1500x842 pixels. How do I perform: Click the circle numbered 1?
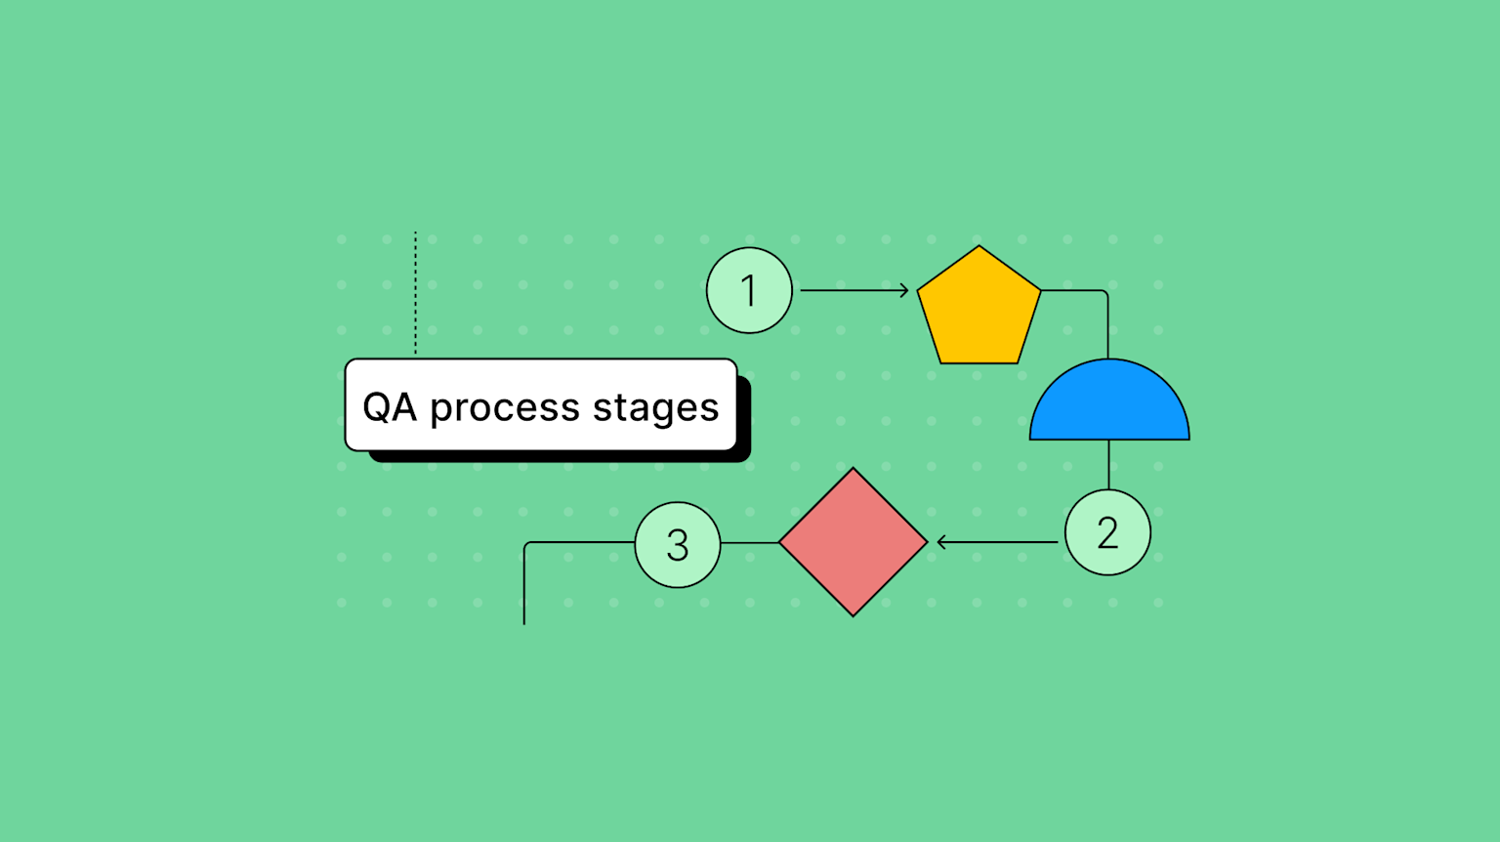click(x=749, y=290)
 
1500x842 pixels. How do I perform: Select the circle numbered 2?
click(x=1107, y=532)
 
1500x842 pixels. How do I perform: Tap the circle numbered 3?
click(x=678, y=544)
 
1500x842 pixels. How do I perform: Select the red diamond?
click(x=853, y=542)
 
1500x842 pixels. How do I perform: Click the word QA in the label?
click(x=390, y=406)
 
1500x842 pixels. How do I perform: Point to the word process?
click(x=505, y=408)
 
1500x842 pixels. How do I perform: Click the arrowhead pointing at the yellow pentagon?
click(x=904, y=290)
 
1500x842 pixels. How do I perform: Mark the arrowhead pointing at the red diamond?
click(x=941, y=542)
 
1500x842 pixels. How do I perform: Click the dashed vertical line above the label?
click(x=415, y=293)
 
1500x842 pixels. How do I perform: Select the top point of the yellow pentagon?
click(x=979, y=247)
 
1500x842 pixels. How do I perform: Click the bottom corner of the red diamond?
click(x=853, y=614)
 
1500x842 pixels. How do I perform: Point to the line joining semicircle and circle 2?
click(x=1108, y=464)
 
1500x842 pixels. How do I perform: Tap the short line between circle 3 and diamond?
click(x=749, y=542)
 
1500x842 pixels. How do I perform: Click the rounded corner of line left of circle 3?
click(x=526, y=544)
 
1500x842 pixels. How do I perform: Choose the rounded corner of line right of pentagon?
click(x=1105, y=292)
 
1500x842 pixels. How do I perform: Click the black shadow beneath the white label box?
click(x=557, y=456)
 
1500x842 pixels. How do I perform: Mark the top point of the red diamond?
click(x=853, y=470)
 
